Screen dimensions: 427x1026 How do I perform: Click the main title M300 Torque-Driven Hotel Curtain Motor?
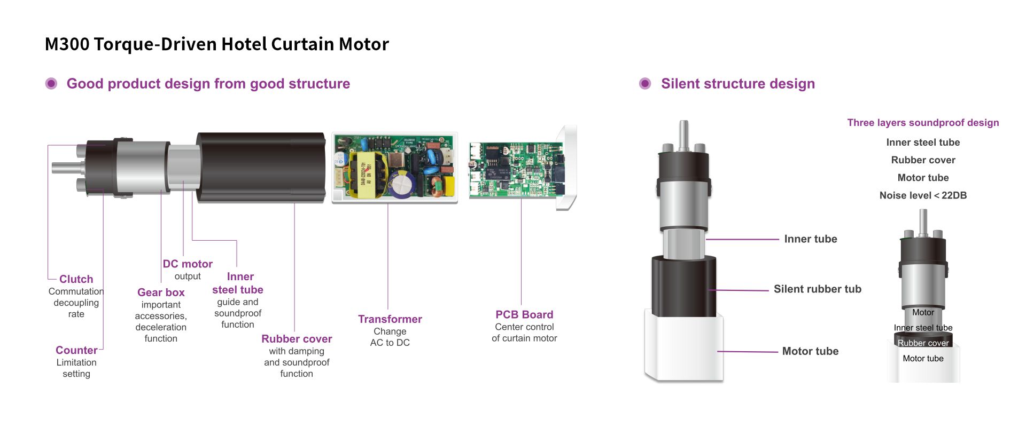click(x=216, y=44)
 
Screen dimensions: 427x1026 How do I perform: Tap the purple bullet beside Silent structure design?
click(x=645, y=84)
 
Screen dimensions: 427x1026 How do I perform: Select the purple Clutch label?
click(x=76, y=279)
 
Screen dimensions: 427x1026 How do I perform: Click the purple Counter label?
click(x=76, y=350)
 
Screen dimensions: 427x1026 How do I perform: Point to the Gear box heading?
click(x=161, y=292)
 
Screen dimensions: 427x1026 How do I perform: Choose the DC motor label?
click(x=188, y=264)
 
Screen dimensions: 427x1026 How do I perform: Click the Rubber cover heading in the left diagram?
click(x=297, y=339)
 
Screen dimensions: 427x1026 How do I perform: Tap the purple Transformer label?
click(x=390, y=319)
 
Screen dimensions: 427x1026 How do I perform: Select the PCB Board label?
click(x=524, y=314)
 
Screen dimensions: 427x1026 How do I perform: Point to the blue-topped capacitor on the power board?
click(x=401, y=184)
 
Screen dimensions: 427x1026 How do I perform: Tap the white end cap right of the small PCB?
click(x=567, y=168)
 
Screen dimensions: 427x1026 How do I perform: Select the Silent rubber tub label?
click(x=817, y=289)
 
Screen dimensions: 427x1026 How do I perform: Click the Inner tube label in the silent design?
click(x=810, y=239)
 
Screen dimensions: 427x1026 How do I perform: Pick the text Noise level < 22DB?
click(x=923, y=195)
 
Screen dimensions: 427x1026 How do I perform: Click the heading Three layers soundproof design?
click(x=923, y=123)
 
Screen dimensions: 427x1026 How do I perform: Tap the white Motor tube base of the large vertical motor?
click(x=684, y=347)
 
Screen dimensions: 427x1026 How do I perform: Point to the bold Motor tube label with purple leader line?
click(x=810, y=351)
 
